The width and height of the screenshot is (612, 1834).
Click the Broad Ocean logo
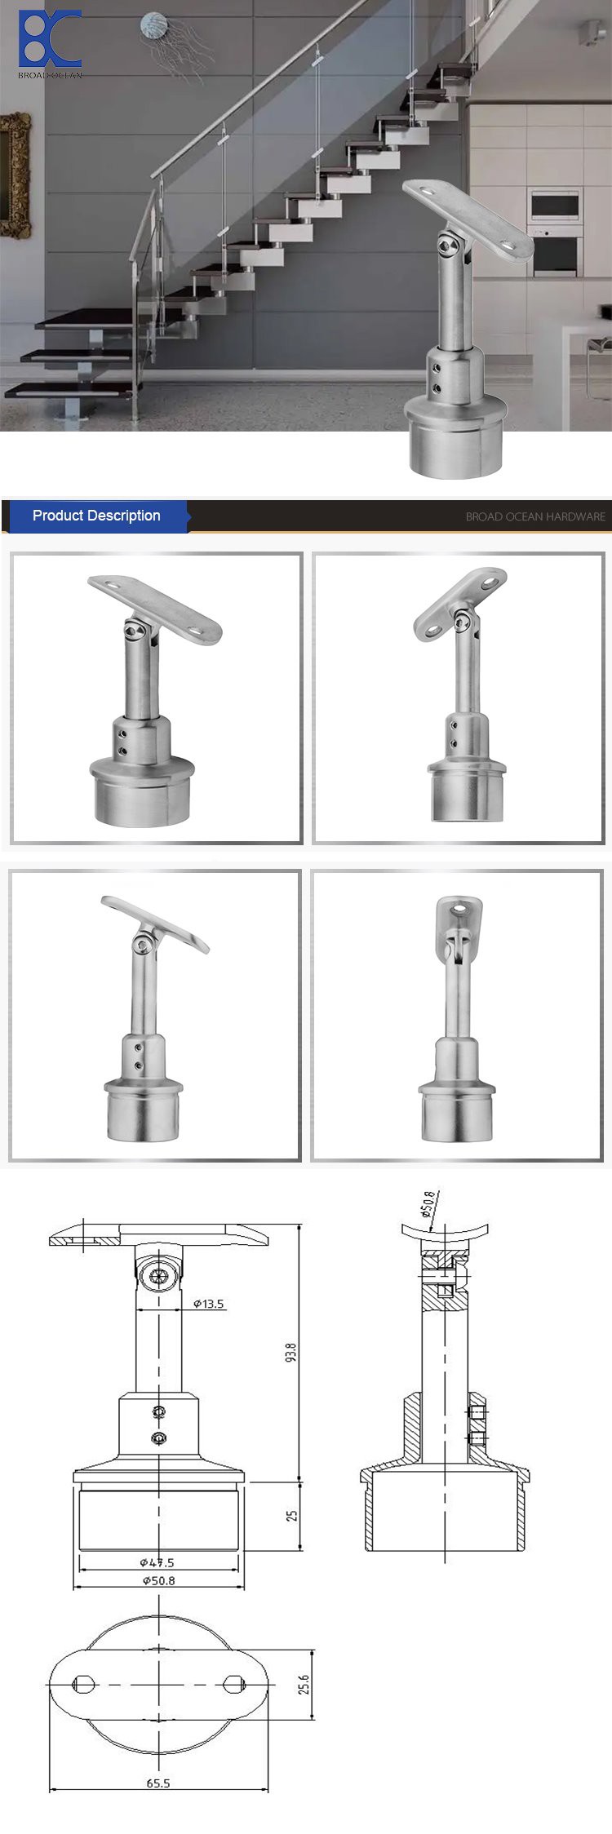point(50,42)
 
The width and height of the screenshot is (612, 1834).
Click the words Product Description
point(96,516)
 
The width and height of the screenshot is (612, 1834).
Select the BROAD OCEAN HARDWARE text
point(534,516)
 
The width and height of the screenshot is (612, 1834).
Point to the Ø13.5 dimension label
point(208,1304)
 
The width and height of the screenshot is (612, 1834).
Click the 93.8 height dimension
point(291,1351)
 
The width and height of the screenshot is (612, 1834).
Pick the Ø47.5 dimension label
point(157,1562)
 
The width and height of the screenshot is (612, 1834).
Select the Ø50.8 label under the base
point(158,1580)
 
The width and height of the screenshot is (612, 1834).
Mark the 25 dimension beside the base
point(292,1516)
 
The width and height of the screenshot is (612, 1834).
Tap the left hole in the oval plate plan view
point(84,1684)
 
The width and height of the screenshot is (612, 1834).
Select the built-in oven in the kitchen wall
point(556,206)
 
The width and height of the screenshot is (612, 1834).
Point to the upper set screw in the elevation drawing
point(160,1411)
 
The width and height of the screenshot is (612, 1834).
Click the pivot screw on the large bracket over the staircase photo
point(446,246)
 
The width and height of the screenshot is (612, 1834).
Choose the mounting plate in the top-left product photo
point(155,608)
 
